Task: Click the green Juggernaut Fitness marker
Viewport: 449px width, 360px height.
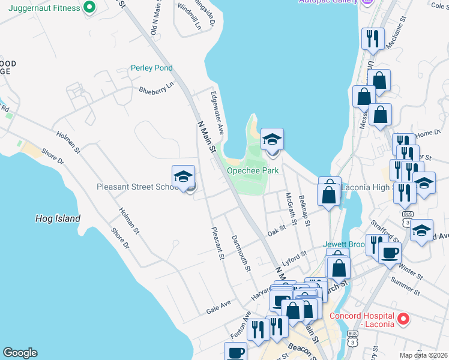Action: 89,8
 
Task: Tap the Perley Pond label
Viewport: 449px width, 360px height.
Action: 152,68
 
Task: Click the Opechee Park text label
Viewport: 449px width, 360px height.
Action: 253,171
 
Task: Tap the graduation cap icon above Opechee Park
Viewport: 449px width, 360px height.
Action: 272,140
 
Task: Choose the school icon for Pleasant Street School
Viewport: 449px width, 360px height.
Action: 184,177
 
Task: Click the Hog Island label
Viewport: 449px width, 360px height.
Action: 58,218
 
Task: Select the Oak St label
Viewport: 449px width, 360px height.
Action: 277,230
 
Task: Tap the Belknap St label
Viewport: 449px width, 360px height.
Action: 304,211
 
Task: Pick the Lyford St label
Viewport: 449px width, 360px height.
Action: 295,257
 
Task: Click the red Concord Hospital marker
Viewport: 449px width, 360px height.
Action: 403,319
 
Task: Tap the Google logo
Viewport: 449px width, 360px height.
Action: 20,353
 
